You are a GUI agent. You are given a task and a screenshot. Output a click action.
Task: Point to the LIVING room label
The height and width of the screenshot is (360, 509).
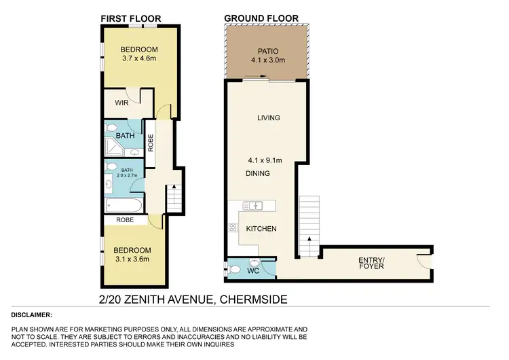(268, 118)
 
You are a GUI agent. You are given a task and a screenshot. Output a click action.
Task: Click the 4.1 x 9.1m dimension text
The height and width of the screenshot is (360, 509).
(269, 161)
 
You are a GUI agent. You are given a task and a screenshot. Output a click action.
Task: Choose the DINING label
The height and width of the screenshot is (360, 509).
(258, 174)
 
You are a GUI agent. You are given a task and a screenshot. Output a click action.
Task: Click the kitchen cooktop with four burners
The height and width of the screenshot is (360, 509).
(233, 229)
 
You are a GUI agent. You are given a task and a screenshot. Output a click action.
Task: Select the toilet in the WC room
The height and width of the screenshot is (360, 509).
(235, 269)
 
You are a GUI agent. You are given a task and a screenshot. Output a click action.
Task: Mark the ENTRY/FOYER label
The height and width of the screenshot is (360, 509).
(371, 262)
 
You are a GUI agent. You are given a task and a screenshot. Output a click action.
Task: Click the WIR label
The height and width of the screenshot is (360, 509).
(122, 103)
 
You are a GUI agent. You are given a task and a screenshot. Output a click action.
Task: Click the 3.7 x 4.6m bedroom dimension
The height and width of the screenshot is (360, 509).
(139, 59)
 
